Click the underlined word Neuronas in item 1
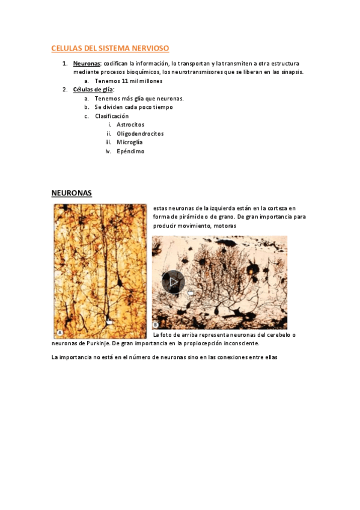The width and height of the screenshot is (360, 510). click(x=87, y=63)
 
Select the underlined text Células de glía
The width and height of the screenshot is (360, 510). click(x=93, y=90)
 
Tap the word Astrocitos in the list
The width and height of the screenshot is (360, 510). click(x=130, y=124)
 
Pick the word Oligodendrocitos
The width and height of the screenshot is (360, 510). click(x=140, y=134)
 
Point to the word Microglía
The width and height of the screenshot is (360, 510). click(x=129, y=143)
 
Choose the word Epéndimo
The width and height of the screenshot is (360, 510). click(x=130, y=152)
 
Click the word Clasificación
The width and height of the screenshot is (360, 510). click(x=112, y=116)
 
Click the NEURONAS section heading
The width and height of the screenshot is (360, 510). click(x=72, y=193)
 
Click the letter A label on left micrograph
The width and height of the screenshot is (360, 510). click(x=60, y=333)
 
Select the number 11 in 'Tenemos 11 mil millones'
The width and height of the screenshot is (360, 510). click(x=124, y=81)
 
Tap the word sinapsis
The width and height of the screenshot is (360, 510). click(x=291, y=72)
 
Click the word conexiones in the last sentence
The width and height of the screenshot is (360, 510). click(x=235, y=358)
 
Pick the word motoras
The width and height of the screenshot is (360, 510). click(x=223, y=226)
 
